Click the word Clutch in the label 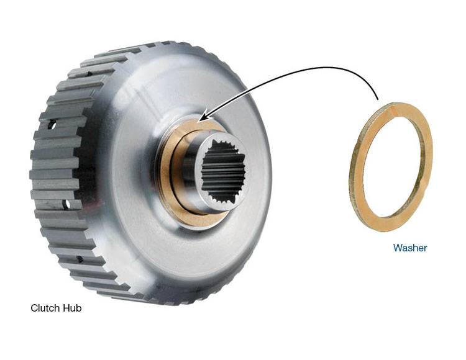[45, 308]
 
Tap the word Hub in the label [72, 308]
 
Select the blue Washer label [410, 248]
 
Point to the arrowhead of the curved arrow [203, 118]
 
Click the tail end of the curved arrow [377, 99]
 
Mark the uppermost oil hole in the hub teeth [52, 125]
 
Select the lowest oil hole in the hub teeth [80, 259]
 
